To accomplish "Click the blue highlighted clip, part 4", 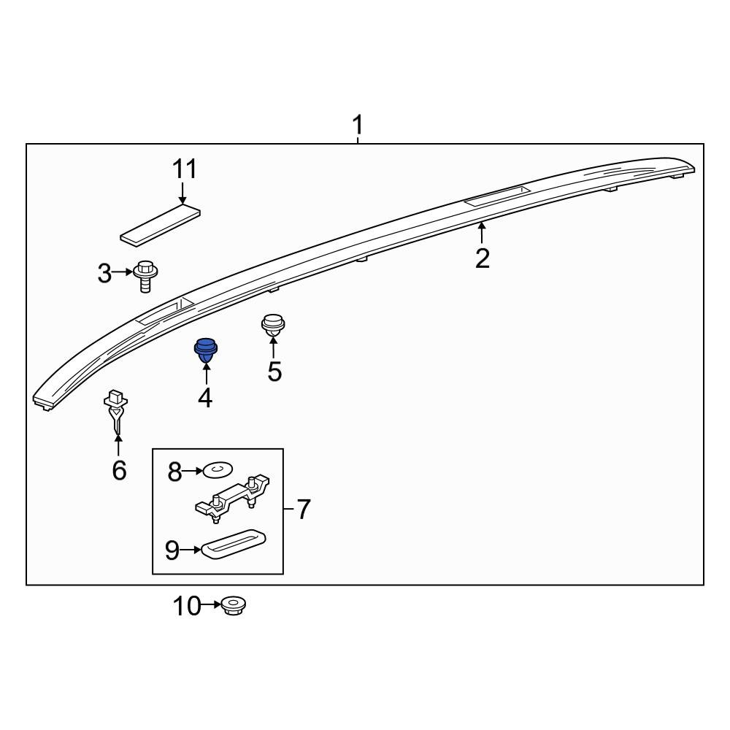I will click(x=205, y=350).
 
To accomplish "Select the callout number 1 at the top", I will click(x=358, y=126).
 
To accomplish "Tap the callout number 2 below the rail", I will click(x=482, y=258).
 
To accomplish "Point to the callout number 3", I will click(x=105, y=274).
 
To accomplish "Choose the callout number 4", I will click(x=205, y=398).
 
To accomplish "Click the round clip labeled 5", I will click(x=273, y=325).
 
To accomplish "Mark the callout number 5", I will click(x=274, y=371).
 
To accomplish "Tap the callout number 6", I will click(x=119, y=470).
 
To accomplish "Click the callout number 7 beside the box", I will click(x=303, y=509).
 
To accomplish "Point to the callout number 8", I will click(x=174, y=472).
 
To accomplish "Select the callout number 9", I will click(x=172, y=550).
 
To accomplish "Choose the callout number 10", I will click(x=186, y=605).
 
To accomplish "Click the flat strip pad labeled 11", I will click(x=161, y=225).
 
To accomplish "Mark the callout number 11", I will click(x=185, y=169).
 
